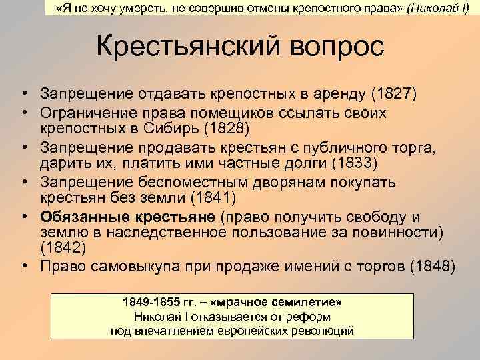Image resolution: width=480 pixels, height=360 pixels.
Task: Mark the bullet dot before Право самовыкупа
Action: click(x=24, y=266)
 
